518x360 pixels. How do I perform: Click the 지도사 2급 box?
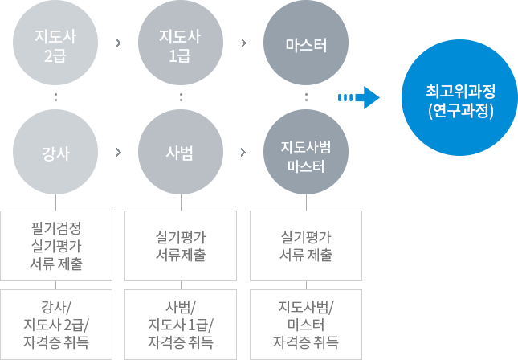pos(55,43)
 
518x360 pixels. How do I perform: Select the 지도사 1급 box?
pos(180,43)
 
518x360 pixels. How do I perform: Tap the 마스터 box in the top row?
pos(305,43)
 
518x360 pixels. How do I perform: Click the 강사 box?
pos(55,152)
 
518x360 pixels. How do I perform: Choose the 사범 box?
pos(180,152)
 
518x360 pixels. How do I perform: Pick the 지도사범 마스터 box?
pos(305,152)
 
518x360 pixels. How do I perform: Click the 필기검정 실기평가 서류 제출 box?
pos(55,244)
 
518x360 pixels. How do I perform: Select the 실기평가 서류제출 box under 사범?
pos(180,246)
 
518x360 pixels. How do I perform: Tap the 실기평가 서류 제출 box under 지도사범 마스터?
pos(305,246)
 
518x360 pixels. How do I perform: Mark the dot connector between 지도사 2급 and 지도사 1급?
pos(118,43)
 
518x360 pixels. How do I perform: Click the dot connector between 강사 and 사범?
pos(118,151)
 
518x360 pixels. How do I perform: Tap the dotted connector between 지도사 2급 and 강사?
pos(55,97)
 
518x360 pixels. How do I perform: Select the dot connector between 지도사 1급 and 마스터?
pos(243,43)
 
